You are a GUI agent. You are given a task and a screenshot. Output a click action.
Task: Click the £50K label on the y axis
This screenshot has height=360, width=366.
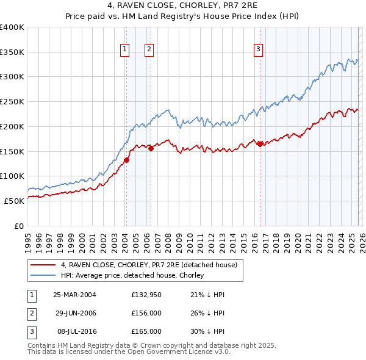14,200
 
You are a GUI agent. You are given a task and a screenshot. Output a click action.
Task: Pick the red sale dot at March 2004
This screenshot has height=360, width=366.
127,160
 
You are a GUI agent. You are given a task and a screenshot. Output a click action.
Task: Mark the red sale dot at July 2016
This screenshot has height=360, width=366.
260,144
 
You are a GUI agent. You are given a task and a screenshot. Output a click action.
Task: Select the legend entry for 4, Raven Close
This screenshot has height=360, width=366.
152,265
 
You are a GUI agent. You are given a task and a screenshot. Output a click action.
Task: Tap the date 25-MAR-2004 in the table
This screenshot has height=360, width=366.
74,295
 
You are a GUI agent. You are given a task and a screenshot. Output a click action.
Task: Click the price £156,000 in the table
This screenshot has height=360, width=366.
146,313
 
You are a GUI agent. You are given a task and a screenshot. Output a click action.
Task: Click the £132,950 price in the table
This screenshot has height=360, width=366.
146,295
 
